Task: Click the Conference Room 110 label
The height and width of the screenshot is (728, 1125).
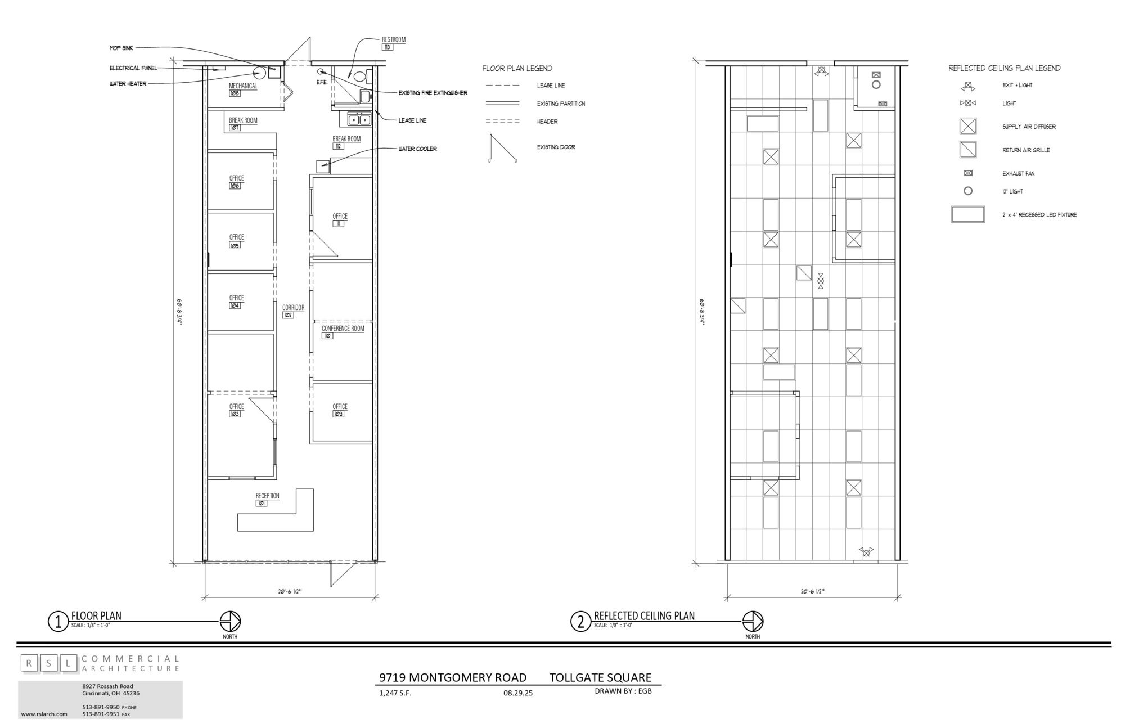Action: (x=343, y=332)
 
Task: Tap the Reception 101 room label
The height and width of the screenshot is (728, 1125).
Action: (x=267, y=500)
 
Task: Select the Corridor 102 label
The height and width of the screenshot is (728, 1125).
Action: (x=293, y=311)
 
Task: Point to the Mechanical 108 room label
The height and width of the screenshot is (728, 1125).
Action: (x=242, y=89)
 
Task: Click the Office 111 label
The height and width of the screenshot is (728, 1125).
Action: (x=340, y=219)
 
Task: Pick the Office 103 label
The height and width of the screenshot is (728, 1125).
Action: (x=236, y=410)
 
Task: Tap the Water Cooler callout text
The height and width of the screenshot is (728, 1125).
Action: (x=417, y=149)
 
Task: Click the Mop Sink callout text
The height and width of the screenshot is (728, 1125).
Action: (x=121, y=48)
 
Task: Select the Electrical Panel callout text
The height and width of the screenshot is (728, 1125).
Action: (x=133, y=68)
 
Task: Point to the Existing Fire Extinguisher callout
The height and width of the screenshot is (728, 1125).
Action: (x=433, y=93)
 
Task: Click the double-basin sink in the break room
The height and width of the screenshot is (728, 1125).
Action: (x=359, y=119)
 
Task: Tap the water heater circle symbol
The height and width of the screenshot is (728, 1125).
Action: (x=259, y=73)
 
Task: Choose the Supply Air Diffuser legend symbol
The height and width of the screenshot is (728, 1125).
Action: (x=967, y=126)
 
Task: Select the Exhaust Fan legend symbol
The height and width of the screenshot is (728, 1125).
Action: (x=968, y=173)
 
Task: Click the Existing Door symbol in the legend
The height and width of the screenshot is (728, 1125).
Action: (x=502, y=148)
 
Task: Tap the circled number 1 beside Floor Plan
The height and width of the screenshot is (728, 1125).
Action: (x=57, y=622)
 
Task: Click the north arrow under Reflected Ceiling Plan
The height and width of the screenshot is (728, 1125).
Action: (x=753, y=622)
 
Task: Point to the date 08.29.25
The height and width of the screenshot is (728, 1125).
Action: (x=517, y=693)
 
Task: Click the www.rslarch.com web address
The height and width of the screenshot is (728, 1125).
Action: (x=44, y=714)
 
